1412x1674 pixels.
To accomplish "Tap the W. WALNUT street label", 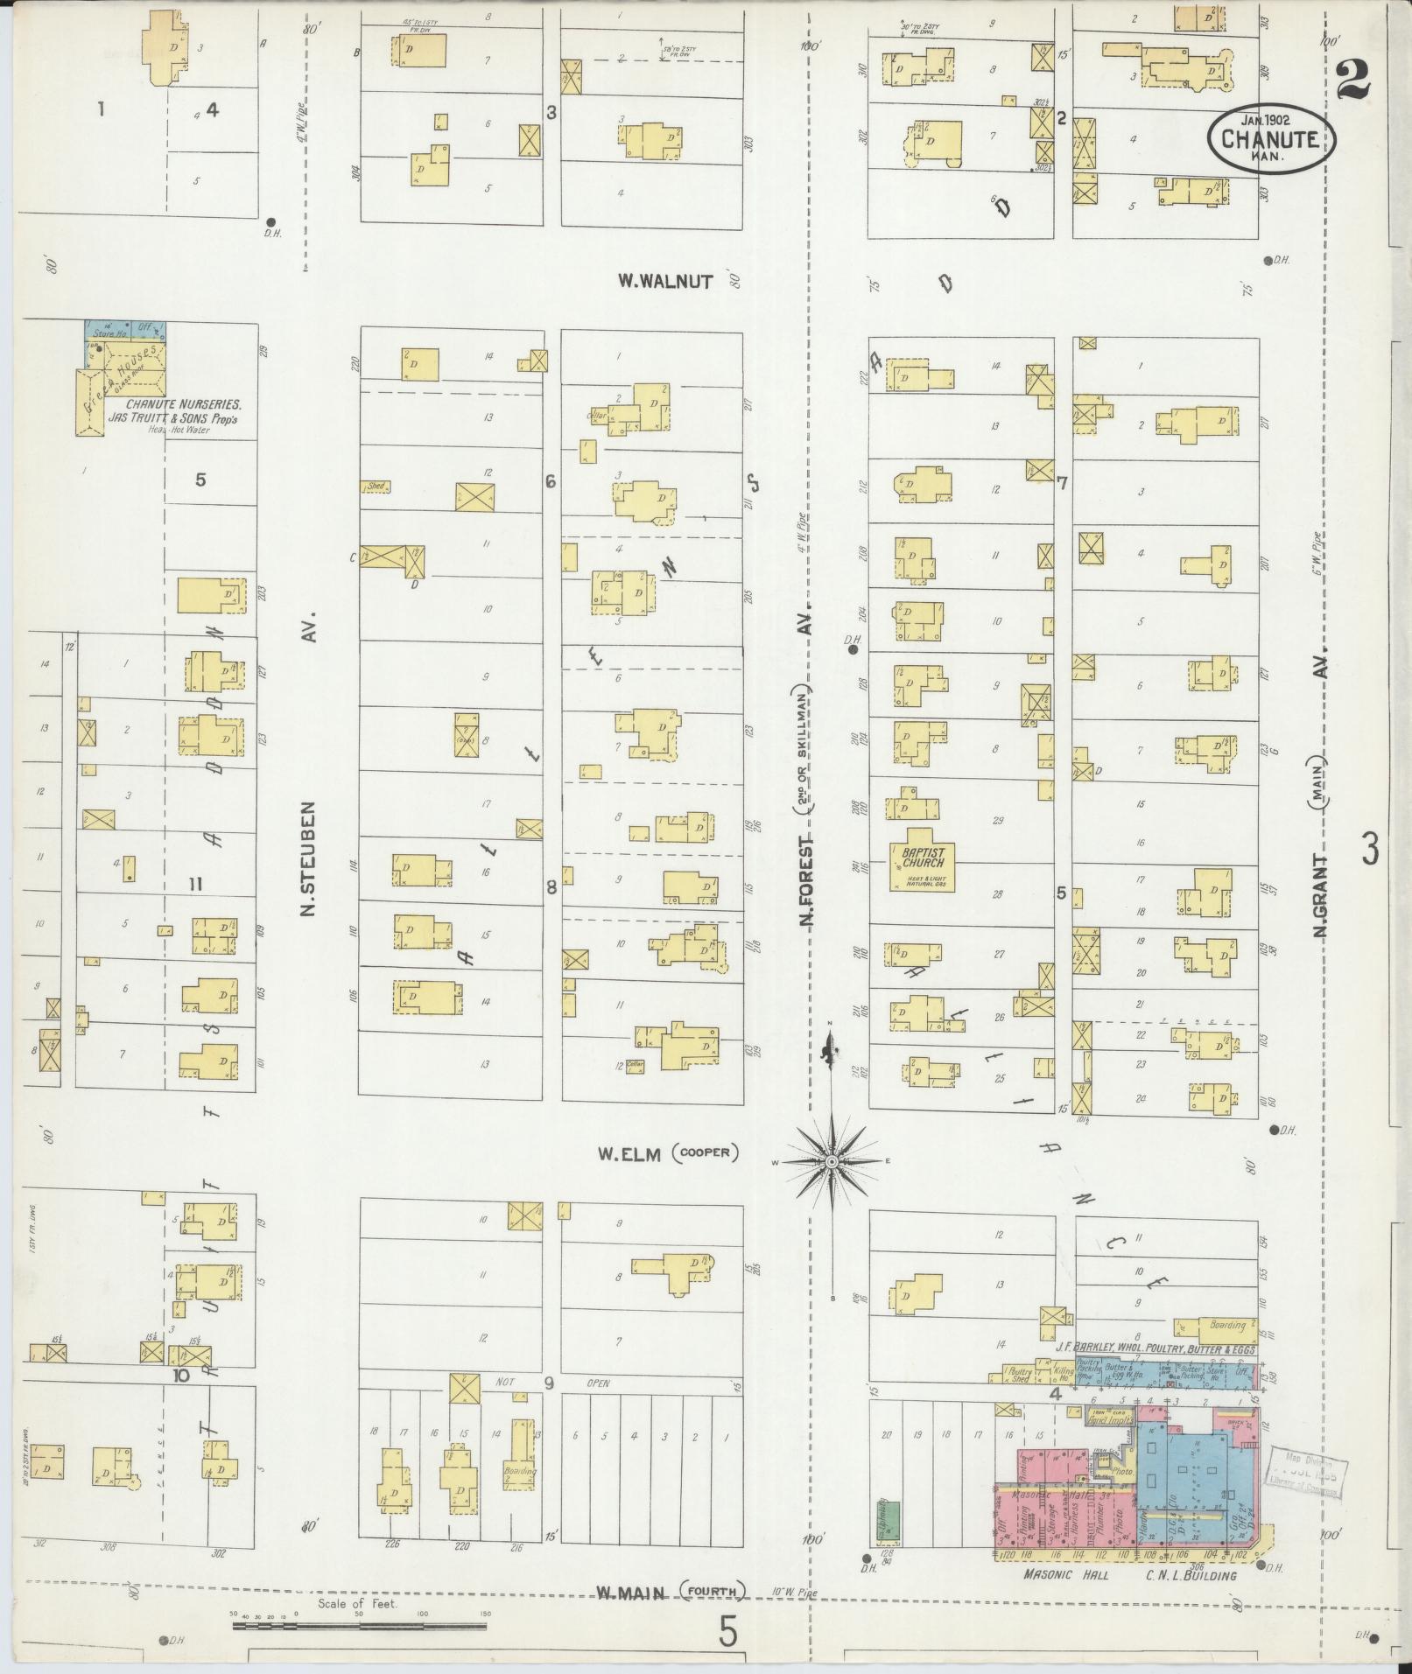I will coord(665,281).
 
